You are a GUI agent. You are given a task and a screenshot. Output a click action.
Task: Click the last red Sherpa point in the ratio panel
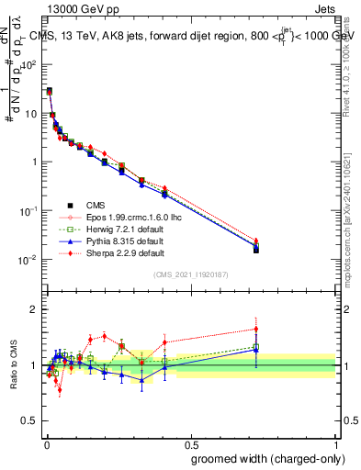tap(256, 329)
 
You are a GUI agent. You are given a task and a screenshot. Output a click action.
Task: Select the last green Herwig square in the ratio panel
tap(256, 347)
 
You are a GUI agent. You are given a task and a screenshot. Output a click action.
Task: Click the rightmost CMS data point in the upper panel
tap(256, 249)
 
